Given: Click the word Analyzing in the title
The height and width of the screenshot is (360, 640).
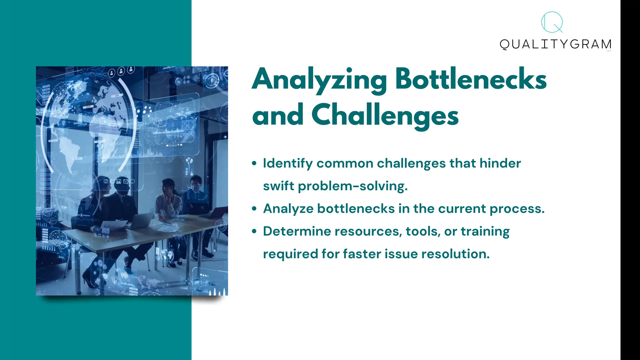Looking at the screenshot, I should pos(319,80).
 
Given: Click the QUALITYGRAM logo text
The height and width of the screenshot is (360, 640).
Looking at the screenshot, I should pos(555,44).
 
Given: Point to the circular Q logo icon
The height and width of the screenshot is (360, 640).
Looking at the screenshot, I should pos(552,22).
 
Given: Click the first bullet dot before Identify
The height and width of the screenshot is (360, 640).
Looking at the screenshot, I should pos(254,163).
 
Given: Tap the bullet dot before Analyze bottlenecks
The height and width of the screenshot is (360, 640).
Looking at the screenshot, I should pos(254,209).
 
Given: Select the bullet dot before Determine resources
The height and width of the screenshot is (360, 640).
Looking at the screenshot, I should pos(254,231).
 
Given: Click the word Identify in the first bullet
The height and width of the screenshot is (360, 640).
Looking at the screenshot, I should pos(287,163).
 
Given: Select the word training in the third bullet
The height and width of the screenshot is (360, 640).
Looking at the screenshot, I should pos(485,232).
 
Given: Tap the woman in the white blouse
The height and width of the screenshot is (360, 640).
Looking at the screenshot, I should pos(169,200).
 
